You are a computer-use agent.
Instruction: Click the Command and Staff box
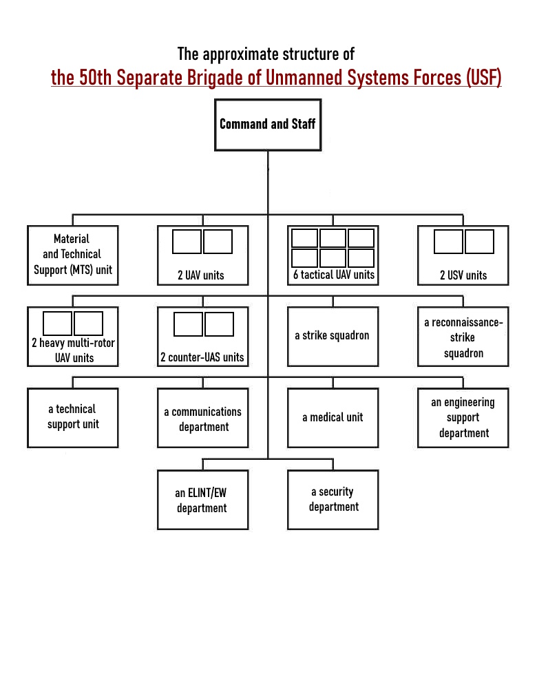(x=267, y=125)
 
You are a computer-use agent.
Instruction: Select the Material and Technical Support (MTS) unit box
(x=73, y=255)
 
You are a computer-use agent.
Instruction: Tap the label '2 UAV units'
(x=201, y=275)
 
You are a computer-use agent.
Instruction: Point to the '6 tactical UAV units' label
(x=334, y=275)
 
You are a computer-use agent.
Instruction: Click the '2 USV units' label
(x=463, y=275)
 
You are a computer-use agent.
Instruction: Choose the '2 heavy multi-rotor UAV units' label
(x=73, y=350)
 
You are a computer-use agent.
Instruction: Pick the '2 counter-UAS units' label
(x=202, y=357)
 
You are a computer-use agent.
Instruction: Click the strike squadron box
(x=333, y=336)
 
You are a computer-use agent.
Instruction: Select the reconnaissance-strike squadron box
(x=463, y=337)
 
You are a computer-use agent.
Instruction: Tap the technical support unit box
(x=73, y=417)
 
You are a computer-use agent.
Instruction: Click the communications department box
(x=202, y=419)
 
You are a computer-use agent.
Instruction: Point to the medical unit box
(x=333, y=417)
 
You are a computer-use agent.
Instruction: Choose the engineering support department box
(x=463, y=417)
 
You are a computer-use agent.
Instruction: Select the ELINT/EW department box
(x=202, y=500)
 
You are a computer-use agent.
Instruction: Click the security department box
(x=333, y=499)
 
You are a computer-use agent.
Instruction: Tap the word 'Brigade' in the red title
(x=206, y=78)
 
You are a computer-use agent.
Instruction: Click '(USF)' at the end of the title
(x=483, y=78)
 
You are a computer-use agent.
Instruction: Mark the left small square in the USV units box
(x=449, y=242)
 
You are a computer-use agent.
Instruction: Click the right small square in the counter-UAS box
(x=220, y=324)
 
